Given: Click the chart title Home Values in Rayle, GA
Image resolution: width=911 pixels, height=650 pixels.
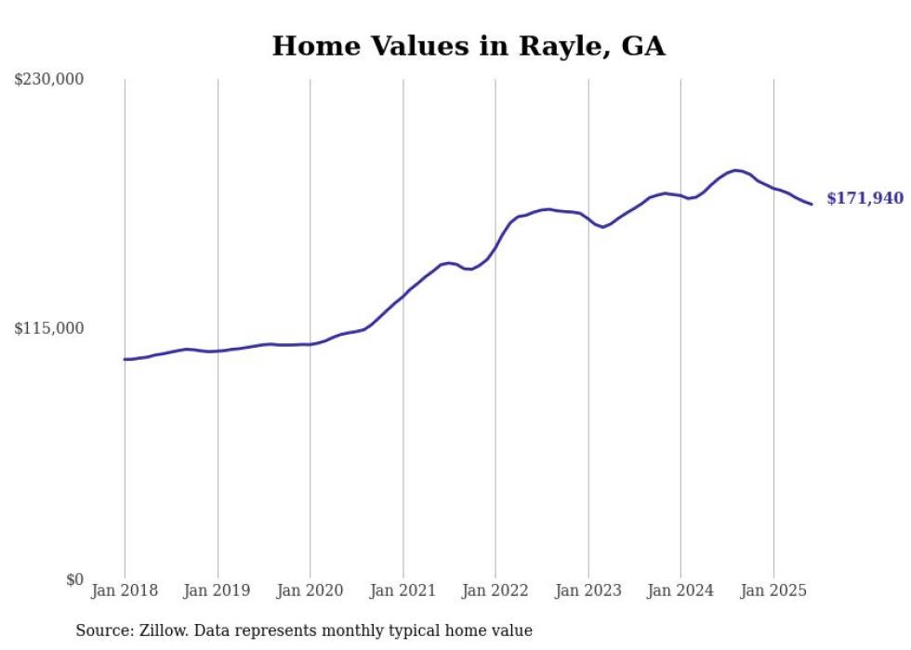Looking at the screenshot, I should (x=469, y=46).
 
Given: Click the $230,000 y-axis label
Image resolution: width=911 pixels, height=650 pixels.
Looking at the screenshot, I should (x=49, y=80).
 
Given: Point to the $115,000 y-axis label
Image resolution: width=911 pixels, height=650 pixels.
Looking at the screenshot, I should (x=49, y=328).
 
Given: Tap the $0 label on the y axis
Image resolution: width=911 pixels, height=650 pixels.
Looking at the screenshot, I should (x=74, y=579).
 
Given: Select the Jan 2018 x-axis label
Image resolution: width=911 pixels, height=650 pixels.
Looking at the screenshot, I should (x=125, y=590).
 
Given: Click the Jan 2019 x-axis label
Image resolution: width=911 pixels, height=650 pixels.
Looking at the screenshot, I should (x=218, y=590).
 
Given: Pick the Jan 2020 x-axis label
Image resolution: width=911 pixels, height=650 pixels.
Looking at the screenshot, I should (x=310, y=590).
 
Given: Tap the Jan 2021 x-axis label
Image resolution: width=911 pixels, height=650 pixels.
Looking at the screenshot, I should (x=403, y=590).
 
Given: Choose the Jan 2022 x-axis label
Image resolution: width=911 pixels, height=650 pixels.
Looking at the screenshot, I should (x=495, y=590).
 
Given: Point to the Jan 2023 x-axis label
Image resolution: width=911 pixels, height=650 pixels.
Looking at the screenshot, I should (x=588, y=590).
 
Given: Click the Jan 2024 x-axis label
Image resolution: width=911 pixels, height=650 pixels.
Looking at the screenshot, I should (x=680, y=590).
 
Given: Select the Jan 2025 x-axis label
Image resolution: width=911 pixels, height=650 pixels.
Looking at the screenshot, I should (x=773, y=590).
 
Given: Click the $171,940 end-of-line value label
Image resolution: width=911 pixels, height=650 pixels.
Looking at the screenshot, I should (x=865, y=198).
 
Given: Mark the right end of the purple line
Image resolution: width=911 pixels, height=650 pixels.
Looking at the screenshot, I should (x=812, y=204).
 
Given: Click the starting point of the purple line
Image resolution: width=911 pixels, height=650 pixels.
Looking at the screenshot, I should (x=125, y=359).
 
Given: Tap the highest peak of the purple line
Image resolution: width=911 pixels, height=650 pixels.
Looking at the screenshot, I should (x=736, y=170).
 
